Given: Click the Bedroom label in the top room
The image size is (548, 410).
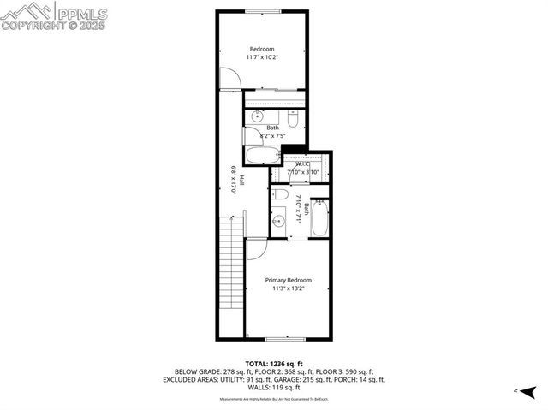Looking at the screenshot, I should pos(261,48).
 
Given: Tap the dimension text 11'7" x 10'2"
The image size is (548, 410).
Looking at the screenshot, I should pos(261,57).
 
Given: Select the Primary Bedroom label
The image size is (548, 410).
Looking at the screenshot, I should pos(288,280).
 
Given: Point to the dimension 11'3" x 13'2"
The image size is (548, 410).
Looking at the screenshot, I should pos(288,289).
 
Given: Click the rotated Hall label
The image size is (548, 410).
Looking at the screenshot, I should pos(241,181).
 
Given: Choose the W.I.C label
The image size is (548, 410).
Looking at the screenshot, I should pos(302,163).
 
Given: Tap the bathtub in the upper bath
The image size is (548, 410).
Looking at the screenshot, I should pos(263,157).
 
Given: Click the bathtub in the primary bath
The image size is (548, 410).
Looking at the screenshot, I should pos(319,218).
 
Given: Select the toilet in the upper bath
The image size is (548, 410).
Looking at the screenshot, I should pos(292,121).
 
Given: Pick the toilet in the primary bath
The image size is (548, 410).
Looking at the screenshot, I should pos(281,195).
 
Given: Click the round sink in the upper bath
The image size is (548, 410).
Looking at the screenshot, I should pos(259,116).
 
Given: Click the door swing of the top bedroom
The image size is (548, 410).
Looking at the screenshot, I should pos(229,78).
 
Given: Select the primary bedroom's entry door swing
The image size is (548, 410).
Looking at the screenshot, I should pos(257,248).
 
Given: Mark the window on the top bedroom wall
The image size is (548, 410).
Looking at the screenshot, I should pos(262,10).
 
